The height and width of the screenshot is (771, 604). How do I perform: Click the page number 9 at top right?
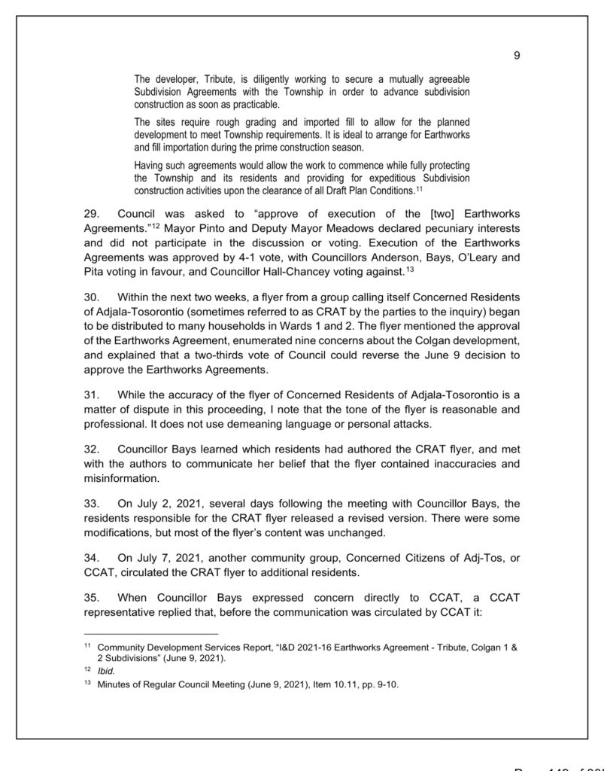[x=517, y=56]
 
